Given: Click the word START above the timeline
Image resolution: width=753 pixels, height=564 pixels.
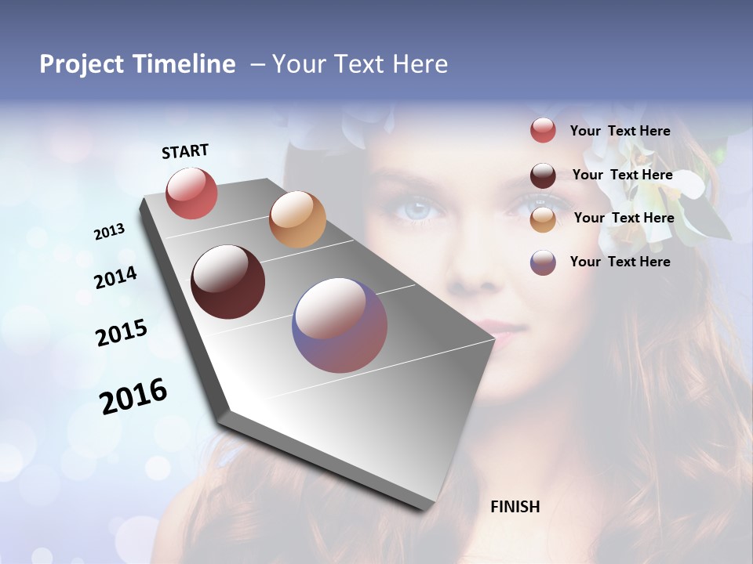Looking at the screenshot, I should (x=185, y=151).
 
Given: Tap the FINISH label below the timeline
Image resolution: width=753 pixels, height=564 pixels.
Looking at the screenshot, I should (x=515, y=507).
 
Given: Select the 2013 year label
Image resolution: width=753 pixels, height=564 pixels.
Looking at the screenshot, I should (x=109, y=232).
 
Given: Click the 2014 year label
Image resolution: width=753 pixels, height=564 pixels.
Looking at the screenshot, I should (x=115, y=278).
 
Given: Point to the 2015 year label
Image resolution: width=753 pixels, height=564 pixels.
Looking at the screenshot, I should (x=122, y=332).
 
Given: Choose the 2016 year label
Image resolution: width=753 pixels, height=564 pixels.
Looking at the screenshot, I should (x=133, y=396).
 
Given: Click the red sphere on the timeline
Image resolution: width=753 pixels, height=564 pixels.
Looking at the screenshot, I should (x=191, y=193).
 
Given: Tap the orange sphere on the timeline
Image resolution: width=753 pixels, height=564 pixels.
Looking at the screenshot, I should (x=297, y=219).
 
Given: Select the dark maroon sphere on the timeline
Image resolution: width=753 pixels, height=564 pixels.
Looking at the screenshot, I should (x=227, y=282).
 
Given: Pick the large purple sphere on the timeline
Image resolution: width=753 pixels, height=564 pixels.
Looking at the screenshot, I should (x=340, y=325).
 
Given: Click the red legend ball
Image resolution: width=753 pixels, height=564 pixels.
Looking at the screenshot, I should (x=543, y=131).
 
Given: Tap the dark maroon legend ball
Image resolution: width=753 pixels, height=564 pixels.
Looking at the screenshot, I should (x=543, y=175).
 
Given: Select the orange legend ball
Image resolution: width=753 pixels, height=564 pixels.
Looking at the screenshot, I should (x=543, y=219).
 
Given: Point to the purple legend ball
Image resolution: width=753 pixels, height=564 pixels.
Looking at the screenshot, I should (x=543, y=262).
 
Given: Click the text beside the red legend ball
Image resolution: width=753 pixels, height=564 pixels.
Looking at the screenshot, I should (x=620, y=131).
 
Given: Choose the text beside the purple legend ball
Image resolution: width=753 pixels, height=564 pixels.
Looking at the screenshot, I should (x=620, y=262).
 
